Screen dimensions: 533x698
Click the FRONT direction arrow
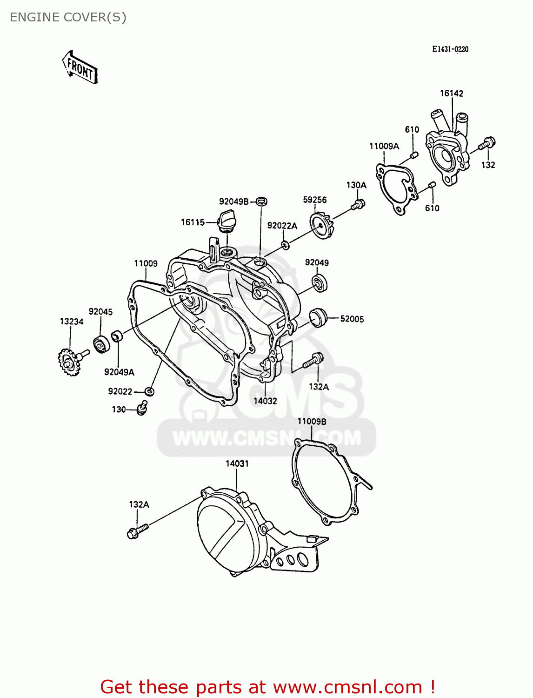click(80, 67)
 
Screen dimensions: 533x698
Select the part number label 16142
click(452, 94)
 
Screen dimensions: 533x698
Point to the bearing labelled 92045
click(101, 344)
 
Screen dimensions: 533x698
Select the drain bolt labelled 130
click(142, 408)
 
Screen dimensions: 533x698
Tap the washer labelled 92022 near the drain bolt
click(149, 391)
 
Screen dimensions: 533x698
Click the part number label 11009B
click(312, 422)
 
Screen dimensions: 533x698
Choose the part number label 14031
click(237, 463)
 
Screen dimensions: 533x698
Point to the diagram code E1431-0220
click(450, 49)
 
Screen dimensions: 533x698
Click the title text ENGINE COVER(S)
click(68, 17)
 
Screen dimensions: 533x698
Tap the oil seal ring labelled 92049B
click(262, 201)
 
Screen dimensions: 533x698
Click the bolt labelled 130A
click(358, 204)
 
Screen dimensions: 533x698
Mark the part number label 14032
click(265, 401)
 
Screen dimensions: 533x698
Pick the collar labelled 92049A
click(116, 335)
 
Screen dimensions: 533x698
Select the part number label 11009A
click(384, 146)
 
